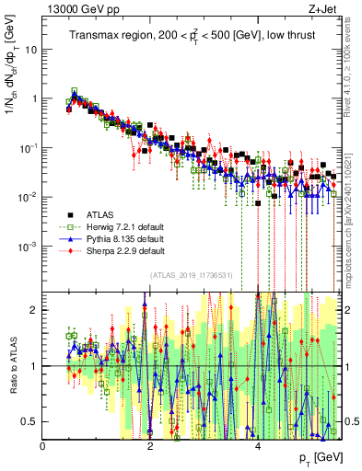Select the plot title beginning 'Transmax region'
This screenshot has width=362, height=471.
[x=190, y=36]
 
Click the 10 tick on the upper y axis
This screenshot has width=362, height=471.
[x=30, y=50]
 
